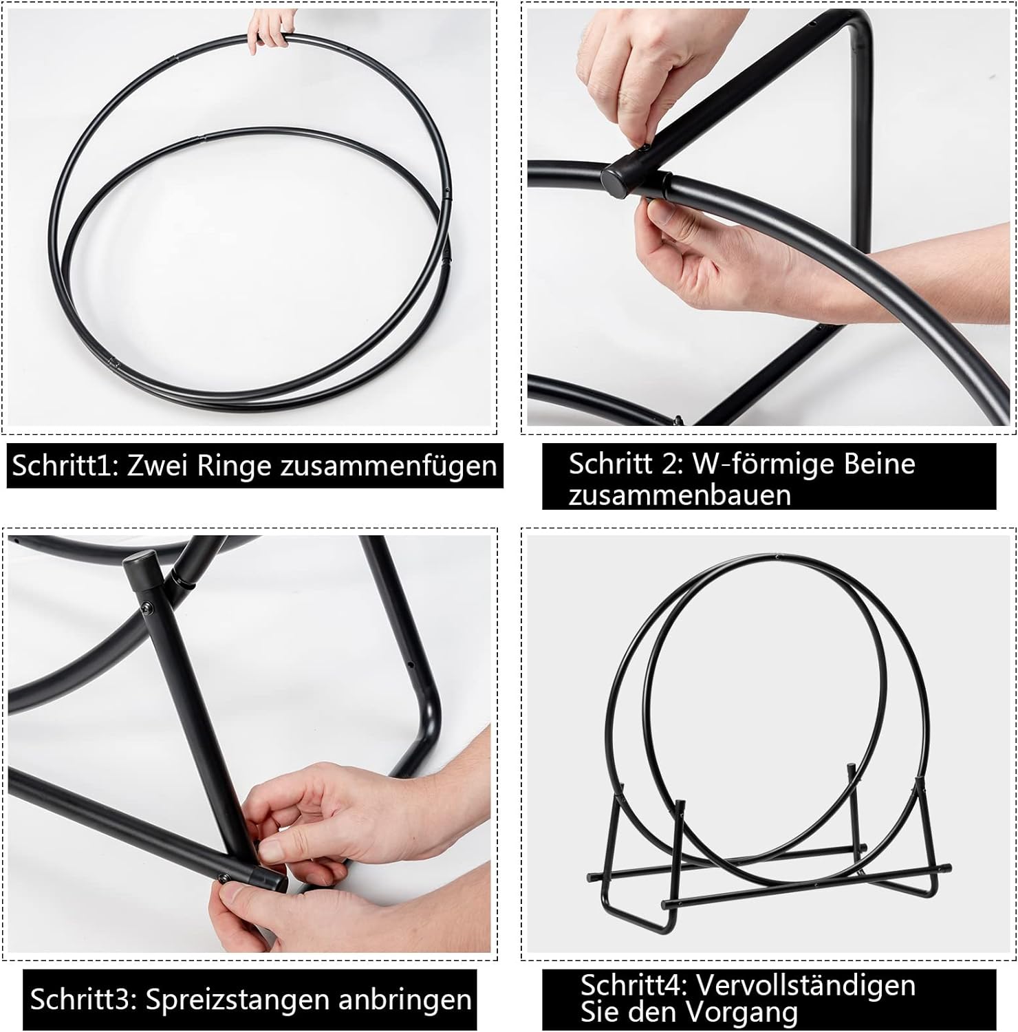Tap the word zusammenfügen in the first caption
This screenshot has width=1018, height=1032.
tap(389, 466)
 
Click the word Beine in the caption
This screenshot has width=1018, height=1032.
tap(876, 464)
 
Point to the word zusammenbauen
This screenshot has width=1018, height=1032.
tap(680, 495)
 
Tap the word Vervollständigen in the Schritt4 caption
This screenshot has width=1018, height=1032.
tap(805, 985)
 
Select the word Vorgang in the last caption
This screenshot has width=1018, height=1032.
tap(744, 1013)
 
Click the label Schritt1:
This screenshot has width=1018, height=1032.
tap(66, 466)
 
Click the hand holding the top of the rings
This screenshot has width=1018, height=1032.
tap(268, 31)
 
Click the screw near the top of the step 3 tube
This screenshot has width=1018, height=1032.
tap(147, 608)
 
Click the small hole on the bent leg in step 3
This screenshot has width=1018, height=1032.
tap(410, 666)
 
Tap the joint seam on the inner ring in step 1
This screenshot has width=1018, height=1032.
tap(200, 138)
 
